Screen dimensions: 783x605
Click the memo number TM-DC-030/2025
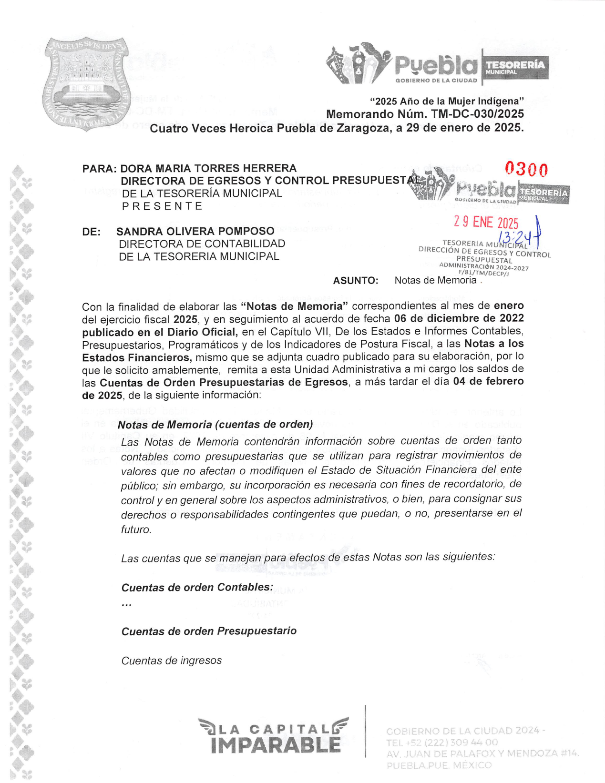477,114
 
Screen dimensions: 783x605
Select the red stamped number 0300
526,169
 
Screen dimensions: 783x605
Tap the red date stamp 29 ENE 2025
486,222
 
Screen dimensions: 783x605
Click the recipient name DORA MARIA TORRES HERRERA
208,168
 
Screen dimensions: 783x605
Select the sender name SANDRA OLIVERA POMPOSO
195,231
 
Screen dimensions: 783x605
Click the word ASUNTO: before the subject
356,281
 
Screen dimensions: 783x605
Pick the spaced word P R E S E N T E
163,206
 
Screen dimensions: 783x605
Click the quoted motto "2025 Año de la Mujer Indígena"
447,101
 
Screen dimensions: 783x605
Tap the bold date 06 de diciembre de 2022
459,318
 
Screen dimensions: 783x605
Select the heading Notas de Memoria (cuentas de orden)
215,424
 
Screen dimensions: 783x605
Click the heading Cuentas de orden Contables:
197,587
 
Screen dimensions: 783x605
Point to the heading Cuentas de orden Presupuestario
209,631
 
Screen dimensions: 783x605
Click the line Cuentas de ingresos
172,661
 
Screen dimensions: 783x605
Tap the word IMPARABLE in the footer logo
276,745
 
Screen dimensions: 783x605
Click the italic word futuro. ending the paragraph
136,529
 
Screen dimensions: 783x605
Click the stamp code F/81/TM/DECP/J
483,274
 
